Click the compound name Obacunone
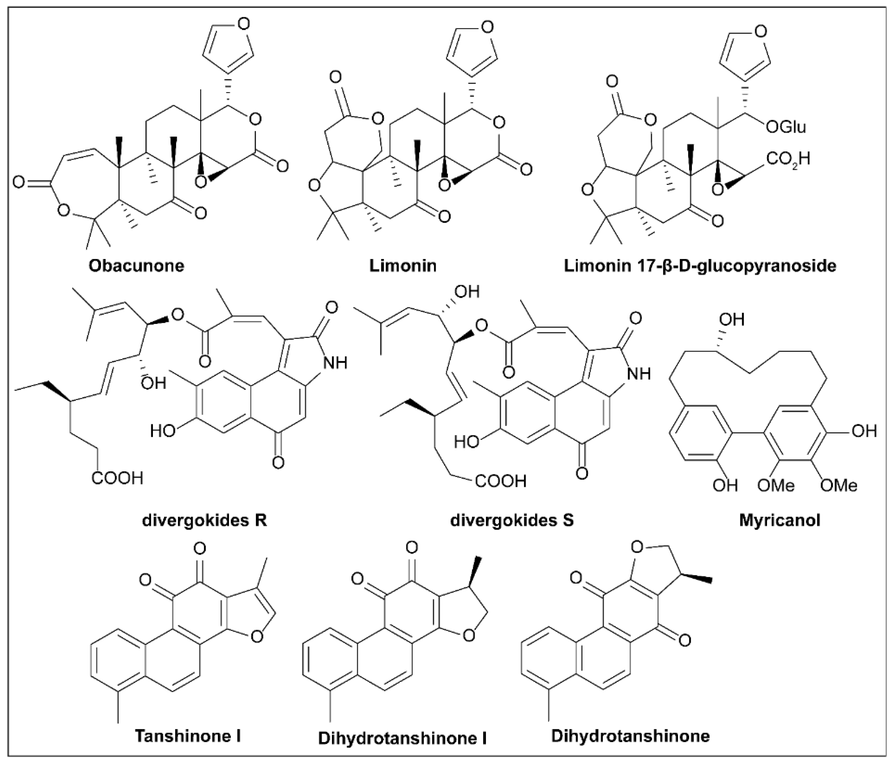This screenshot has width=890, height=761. click(x=136, y=265)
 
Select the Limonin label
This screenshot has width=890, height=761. click(x=403, y=265)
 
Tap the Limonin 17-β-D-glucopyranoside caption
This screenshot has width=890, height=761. click(x=700, y=265)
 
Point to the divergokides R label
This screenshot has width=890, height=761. click(x=205, y=520)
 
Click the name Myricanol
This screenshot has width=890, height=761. click(x=780, y=520)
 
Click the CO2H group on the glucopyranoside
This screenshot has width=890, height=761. click(x=788, y=159)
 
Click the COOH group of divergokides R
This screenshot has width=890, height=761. click(x=117, y=478)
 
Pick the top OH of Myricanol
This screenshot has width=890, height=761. click(x=732, y=320)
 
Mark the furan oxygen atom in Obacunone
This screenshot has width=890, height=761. click(x=244, y=24)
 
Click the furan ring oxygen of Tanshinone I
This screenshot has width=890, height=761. click(x=257, y=636)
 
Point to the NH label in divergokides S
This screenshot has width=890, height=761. click(x=639, y=374)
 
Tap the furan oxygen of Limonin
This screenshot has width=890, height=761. click(x=487, y=28)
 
